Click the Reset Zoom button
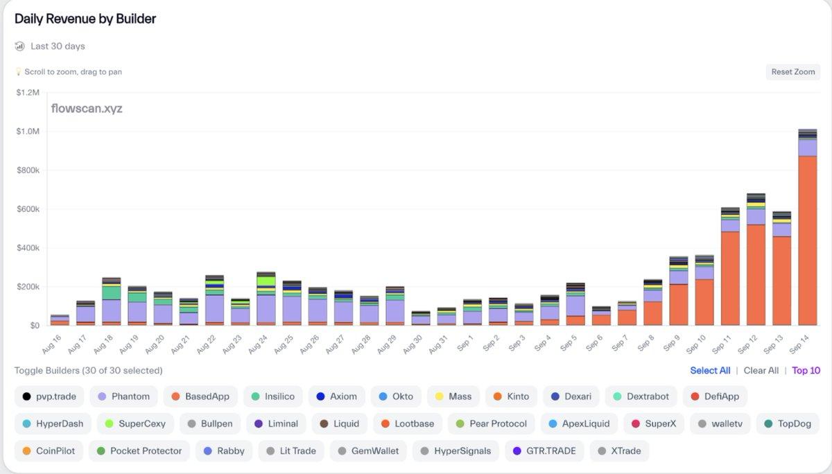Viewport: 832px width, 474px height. pos(792,72)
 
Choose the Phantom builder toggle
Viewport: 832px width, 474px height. pos(123,396)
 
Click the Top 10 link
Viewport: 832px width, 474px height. pos(806,371)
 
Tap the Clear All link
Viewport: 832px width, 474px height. pos(761,371)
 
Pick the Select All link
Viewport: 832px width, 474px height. pos(710,371)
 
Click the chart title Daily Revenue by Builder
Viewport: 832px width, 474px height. pos(85,19)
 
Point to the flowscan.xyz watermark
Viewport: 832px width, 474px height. pos(87,109)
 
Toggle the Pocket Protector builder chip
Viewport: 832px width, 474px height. pos(138,450)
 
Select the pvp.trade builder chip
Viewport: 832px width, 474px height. pos(49,396)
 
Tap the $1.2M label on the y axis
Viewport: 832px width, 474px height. pos(28,92)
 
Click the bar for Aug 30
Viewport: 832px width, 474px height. pos(420,319)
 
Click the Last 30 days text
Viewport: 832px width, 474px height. pos(58,46)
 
